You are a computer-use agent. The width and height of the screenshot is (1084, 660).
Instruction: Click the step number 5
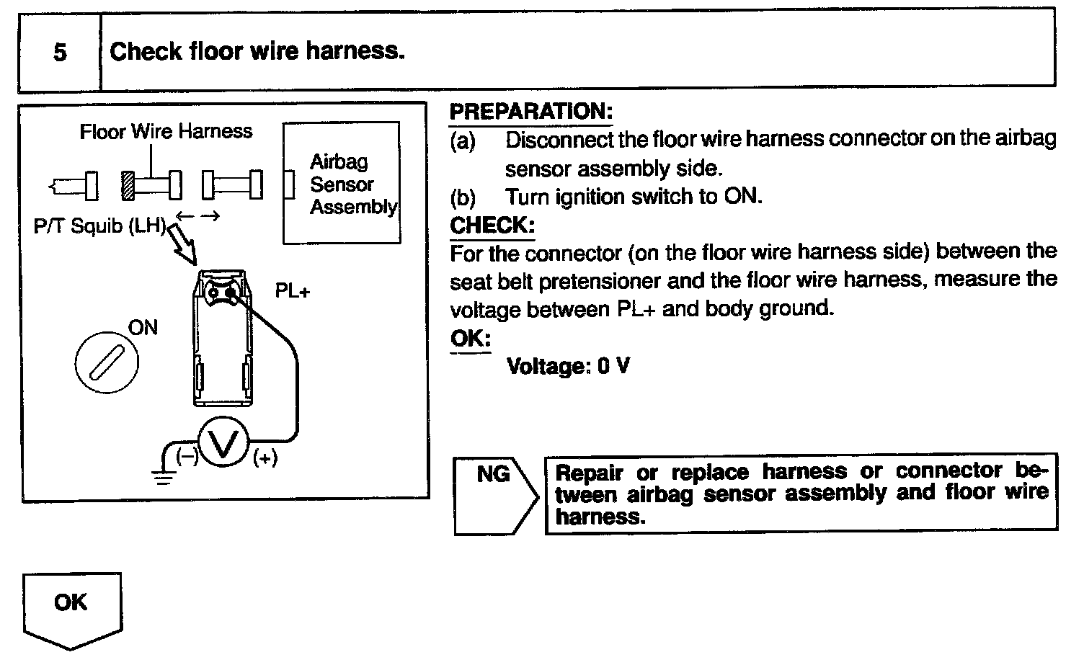60,53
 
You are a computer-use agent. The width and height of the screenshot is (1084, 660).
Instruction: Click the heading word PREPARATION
530,112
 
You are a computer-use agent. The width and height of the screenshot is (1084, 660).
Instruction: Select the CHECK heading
491,226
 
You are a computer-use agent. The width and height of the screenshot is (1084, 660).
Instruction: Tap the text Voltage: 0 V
568,366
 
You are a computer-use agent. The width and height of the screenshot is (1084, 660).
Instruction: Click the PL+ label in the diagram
292,291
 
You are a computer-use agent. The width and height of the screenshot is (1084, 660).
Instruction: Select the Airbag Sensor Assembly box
342,183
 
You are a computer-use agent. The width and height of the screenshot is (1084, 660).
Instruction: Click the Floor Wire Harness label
166,132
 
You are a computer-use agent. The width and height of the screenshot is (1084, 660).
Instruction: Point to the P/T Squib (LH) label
99,226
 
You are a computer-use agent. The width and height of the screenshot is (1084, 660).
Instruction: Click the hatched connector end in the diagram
128,186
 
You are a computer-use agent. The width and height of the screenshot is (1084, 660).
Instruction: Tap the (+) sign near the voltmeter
265,458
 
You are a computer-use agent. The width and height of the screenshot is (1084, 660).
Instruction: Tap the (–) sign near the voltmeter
187,457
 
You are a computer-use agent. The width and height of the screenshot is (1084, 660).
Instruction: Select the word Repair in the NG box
590,473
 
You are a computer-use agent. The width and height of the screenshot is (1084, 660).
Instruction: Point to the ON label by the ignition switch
143,328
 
